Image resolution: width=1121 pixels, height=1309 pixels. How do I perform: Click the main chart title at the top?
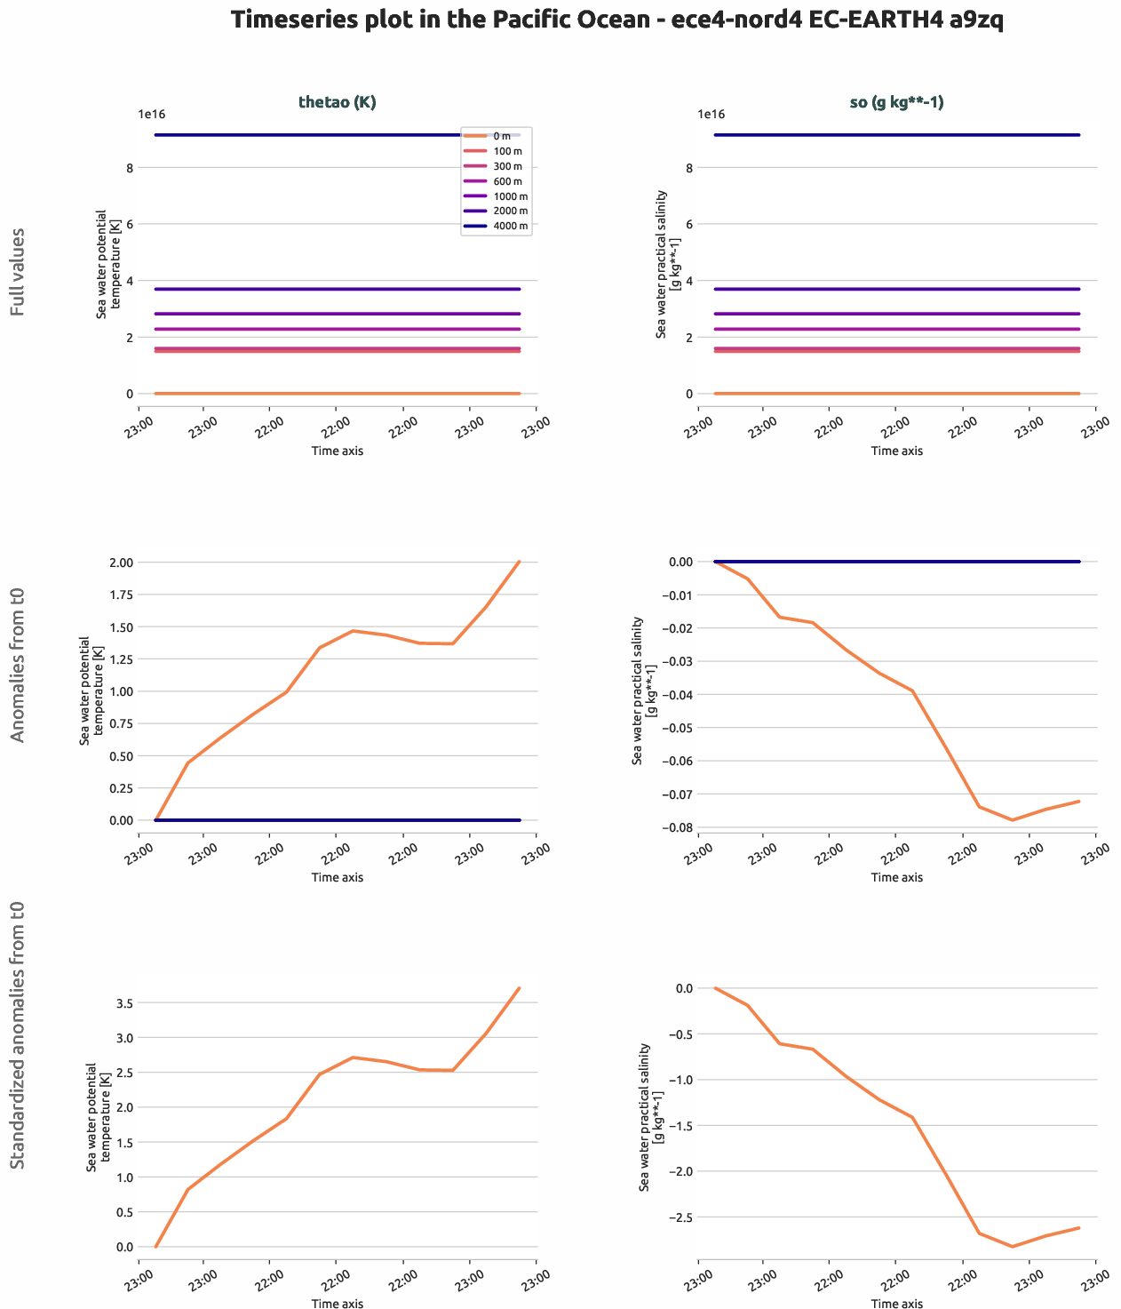tap(616, 20)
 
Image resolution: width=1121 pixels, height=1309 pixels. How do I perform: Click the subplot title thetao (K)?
tap(337, 102)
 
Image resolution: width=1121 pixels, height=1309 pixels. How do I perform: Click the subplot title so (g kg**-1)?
tap(896, 102)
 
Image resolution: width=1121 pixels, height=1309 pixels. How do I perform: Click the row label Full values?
tap(18, 272)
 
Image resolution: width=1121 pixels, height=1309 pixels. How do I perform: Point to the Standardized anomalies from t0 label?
tap(18, 1035)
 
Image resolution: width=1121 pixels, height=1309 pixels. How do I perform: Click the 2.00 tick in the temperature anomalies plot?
tap(122, 563)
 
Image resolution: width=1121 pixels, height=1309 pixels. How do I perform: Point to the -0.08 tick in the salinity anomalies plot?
tap(680, 828)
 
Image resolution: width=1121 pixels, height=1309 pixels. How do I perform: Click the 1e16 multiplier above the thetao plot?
tap(151, 115)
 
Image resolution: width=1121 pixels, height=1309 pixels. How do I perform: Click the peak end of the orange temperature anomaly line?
tap(519, 562)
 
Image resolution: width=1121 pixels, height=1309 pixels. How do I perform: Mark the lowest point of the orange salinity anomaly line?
tap(1012, 819)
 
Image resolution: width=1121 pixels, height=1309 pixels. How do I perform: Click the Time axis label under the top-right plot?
tap(896, 451)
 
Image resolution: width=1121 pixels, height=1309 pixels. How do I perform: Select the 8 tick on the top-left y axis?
tap(130, 168)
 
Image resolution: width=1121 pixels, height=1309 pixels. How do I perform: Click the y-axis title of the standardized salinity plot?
tap(651, 1117)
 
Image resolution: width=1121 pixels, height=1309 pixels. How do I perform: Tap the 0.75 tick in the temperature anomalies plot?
tap(122, 723)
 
